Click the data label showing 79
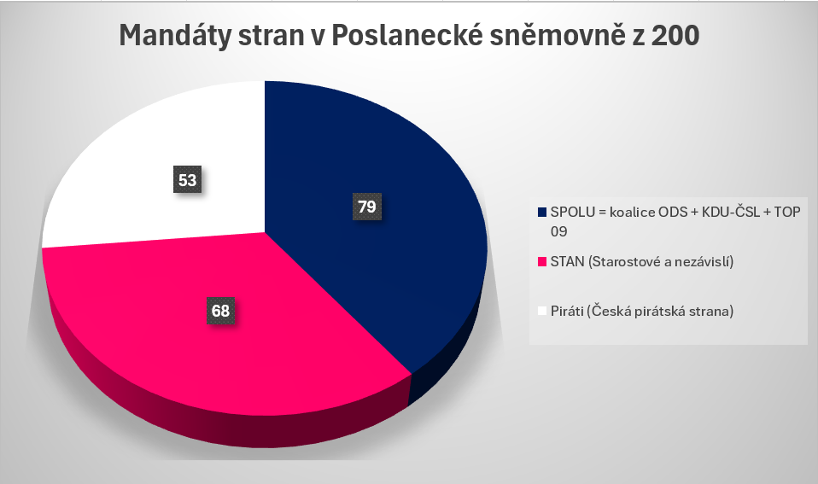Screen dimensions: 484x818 (368, 207)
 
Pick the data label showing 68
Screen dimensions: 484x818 (221, 311)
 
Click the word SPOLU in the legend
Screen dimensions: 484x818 (569, 211)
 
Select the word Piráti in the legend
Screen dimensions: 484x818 (566, 312)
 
